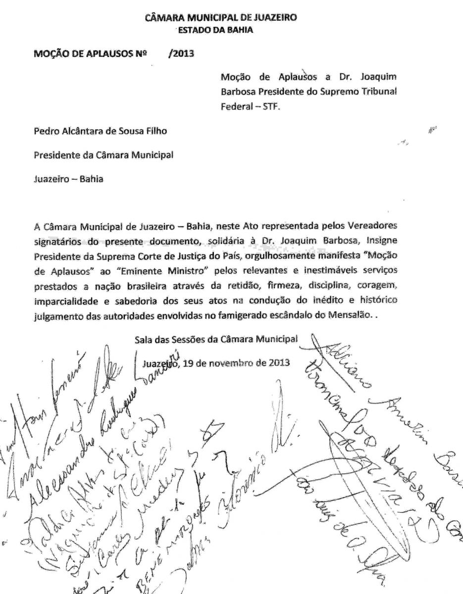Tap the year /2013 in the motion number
pos(181,54)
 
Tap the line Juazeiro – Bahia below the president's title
pos(68,179)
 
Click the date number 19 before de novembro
pos(188,363)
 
